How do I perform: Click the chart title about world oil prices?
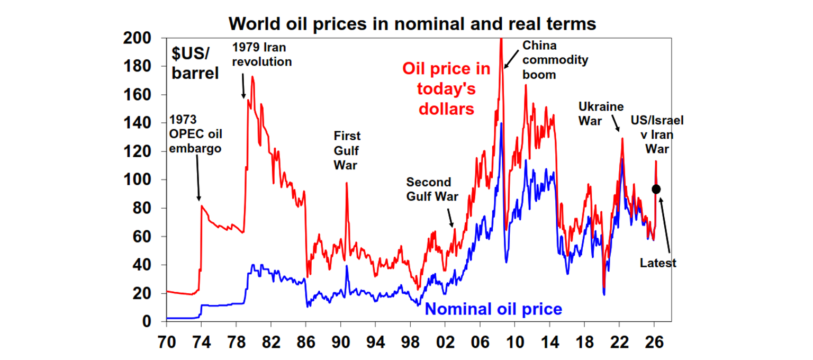412,24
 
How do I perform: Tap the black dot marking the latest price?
656,189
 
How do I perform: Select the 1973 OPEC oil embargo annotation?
195,134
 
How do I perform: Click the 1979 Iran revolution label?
261,55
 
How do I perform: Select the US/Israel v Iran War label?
657,135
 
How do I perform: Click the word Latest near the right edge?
658,263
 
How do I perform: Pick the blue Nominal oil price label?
493,309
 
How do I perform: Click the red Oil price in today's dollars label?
446,88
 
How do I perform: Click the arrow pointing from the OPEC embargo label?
198,177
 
